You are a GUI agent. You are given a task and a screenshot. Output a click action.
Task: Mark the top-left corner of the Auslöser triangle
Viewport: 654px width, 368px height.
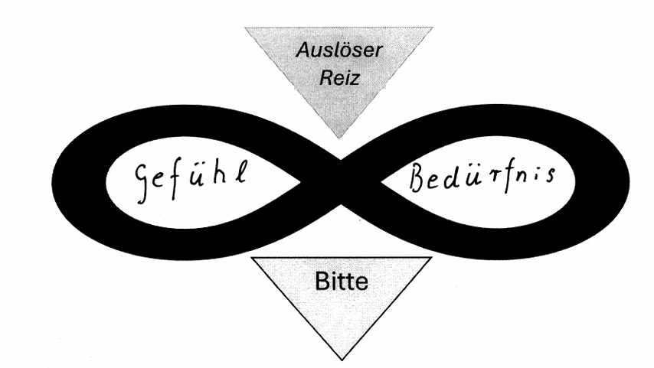[x=246, y=28]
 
